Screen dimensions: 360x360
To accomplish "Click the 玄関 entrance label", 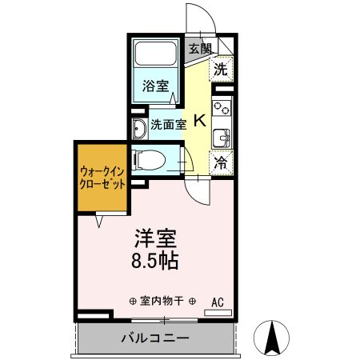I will [x=200, y=48].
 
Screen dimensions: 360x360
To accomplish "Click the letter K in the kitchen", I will [x=199, y=122].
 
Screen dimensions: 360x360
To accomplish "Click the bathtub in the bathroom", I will [x=156, y=55].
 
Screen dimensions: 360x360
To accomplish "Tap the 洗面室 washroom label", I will [x=169, y=124].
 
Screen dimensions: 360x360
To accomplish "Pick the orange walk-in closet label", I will [x=101, y=176].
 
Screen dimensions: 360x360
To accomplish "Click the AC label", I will [x=217, y=302].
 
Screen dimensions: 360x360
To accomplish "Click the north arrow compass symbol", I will [x=274, y=337].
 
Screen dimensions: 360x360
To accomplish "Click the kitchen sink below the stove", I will [x=222, y=136].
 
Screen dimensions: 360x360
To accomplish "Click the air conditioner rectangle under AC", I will [x=217, y=312].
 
